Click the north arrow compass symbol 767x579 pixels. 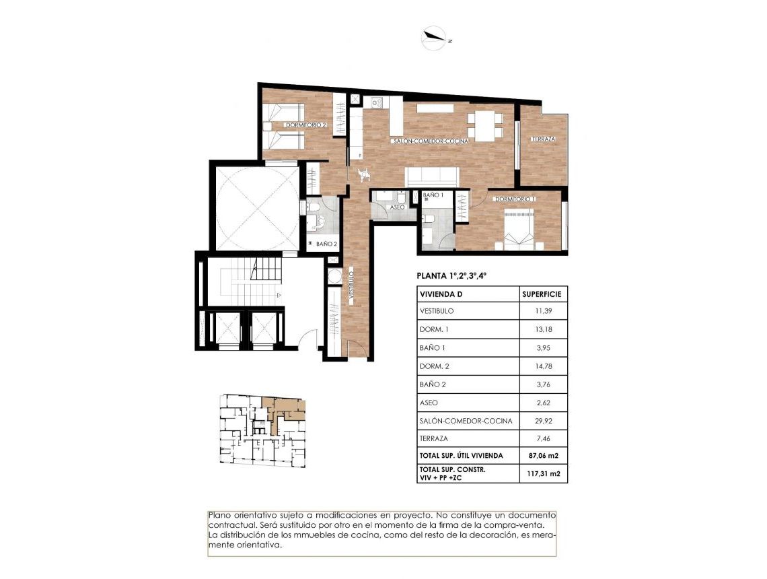[x=434, y=39]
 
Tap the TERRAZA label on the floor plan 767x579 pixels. [x=544, y=139]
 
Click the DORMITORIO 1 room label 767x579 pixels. [x=515, y=199]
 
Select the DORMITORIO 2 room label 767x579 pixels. [x=305, y=125]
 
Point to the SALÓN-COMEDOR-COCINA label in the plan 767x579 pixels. [x=431, y=141]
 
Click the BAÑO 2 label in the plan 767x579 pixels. [x=326, y=244]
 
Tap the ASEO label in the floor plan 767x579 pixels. [x=398, y=207]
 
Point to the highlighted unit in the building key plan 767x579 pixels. [x=283, y=411]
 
